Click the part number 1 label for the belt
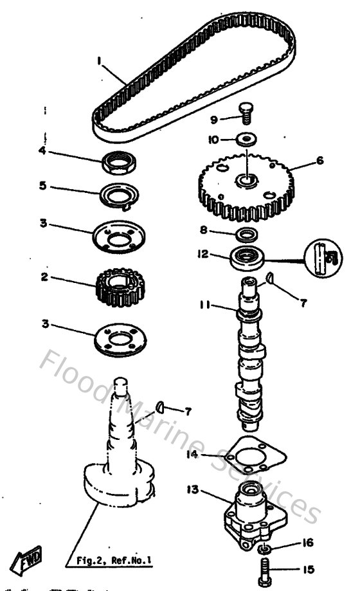99,60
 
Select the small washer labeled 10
246,138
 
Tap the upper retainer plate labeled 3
119,235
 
